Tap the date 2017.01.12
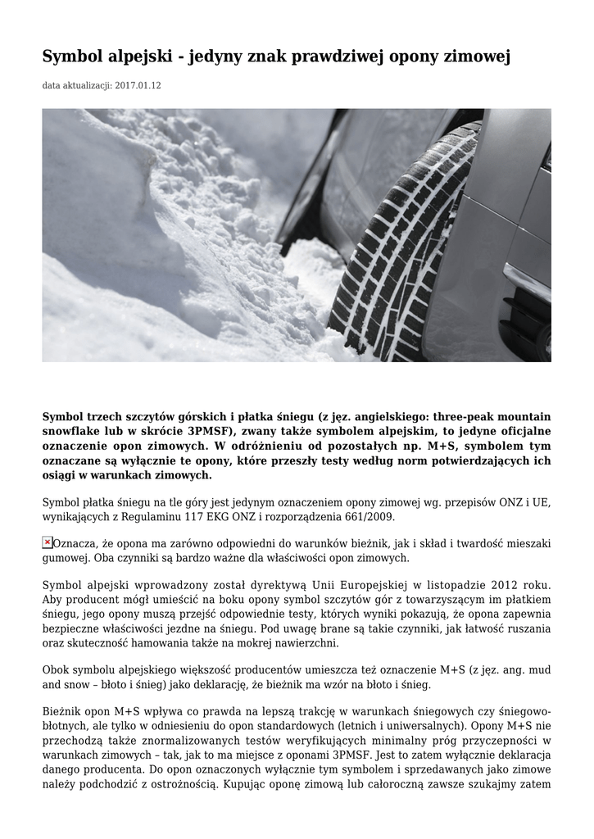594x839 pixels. coord(138,85)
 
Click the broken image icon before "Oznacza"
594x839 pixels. coord(48,542)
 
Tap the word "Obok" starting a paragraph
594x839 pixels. coord(57,669)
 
